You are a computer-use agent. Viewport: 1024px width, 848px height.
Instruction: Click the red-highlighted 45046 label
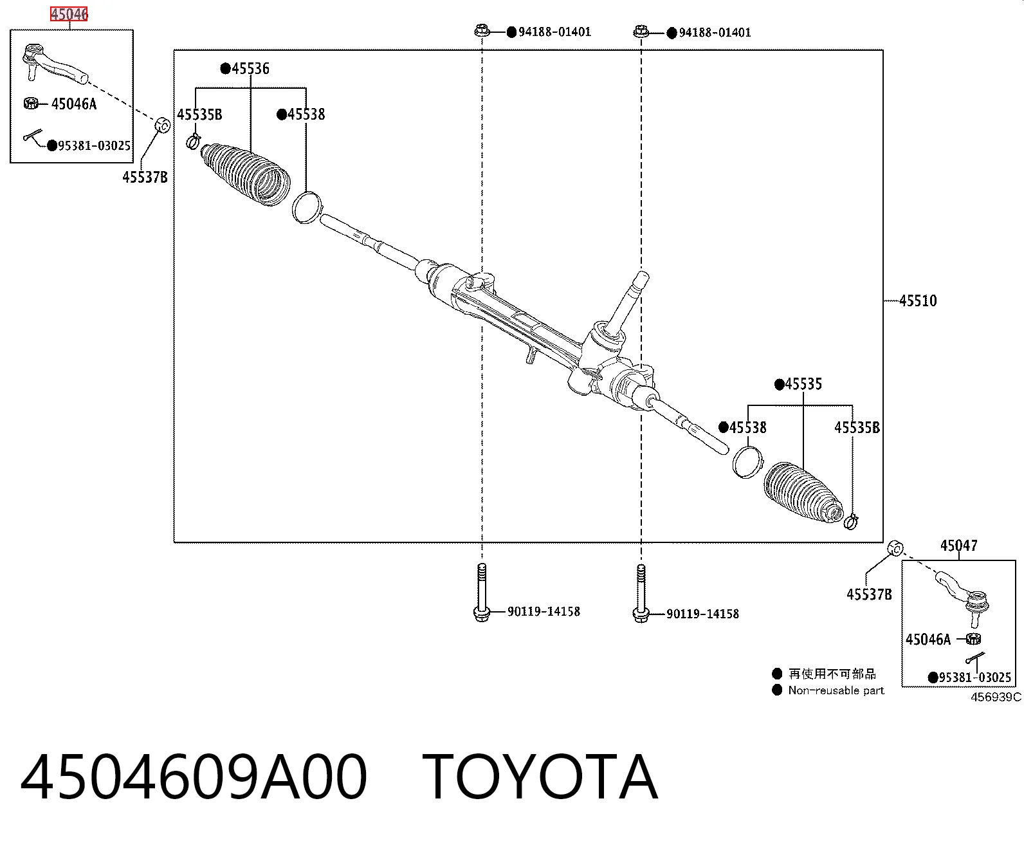[69, 14]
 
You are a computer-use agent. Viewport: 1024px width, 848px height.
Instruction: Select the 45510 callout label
[918, 300]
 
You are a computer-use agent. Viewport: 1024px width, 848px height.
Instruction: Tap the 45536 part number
[251, 69]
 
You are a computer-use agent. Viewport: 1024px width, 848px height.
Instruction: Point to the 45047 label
[959, 545]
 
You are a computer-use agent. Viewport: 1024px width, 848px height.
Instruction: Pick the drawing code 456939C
[996, 697]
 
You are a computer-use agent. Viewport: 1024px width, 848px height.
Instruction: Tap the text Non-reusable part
[836, 690]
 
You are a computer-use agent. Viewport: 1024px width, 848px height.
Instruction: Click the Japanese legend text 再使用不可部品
[832, 674]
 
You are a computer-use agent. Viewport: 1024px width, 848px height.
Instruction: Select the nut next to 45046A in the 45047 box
[973, 638]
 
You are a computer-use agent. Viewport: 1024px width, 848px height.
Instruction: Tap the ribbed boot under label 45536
[245, 174]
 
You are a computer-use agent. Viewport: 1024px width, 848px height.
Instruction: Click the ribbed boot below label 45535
[804, 493]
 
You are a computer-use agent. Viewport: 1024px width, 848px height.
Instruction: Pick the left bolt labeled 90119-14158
[482, 593]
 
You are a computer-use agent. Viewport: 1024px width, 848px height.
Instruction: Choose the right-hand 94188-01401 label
[715, 33]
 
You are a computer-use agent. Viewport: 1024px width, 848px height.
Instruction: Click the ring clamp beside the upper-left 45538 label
[307, 208]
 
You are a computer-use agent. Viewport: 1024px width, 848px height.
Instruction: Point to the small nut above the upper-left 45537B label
[162, 125]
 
